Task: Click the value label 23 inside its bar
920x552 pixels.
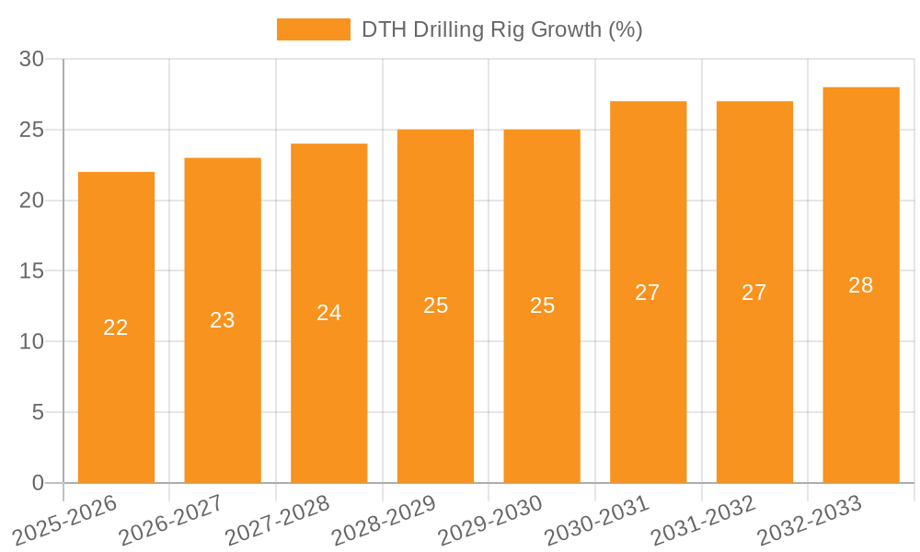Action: click(x=223, y=320)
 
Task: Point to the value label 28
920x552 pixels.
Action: click(x=861, y=285)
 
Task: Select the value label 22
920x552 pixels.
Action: click(x=116, y=328)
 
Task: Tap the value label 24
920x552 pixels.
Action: click(x=329, y=313)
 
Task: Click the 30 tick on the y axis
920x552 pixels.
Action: click(x=32, y=59)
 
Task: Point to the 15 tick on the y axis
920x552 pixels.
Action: click(x=32, y=271)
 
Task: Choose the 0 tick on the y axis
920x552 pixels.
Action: click(x=38, y=483)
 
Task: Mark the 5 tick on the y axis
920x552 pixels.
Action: click(x=38, y=412)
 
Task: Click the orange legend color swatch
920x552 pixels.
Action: click(x=314, y=29)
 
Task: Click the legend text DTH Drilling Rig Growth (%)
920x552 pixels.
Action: click(x=501, y=29)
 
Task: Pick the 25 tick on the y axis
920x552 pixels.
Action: click(x=32, y=130)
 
